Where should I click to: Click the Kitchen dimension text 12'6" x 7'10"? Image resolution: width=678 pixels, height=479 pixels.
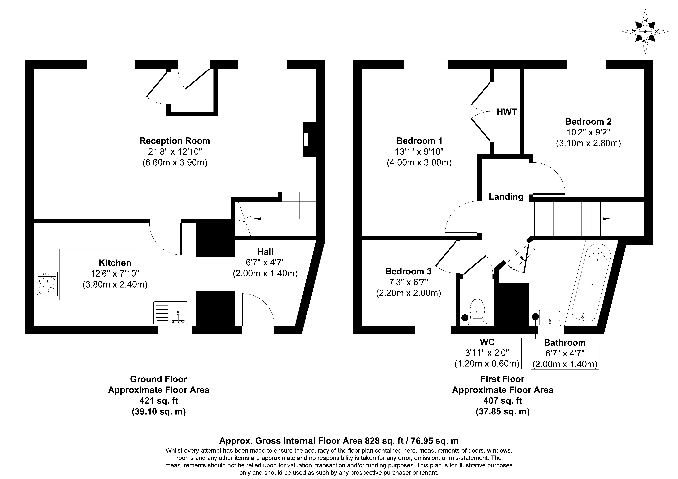[115, 273]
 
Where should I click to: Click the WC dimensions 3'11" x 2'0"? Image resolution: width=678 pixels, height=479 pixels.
[487, 353]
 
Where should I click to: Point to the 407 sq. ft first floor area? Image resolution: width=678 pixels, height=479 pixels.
[503, 401]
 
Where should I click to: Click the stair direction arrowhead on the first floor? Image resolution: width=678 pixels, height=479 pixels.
[607, 219]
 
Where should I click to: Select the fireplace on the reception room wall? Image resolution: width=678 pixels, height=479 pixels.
[310, 139]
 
